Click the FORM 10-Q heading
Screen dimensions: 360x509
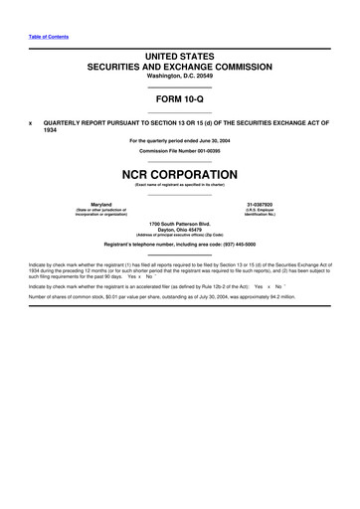pyautogui.click(x=180, y=100)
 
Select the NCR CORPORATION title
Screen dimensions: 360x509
pyautogui.click(x=180, y=171)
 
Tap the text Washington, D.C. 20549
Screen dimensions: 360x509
pyautogui.click(x=180, y=77)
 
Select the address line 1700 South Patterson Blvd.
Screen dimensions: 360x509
pyautogui.click(x=180, y=224)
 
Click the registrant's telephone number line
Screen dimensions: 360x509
pyautogui.click(x=180, y=245)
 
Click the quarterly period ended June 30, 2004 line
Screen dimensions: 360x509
pyautogui.click(x=180, y=140)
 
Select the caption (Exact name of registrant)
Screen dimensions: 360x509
pyautogui.click(x=180, y=184)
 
